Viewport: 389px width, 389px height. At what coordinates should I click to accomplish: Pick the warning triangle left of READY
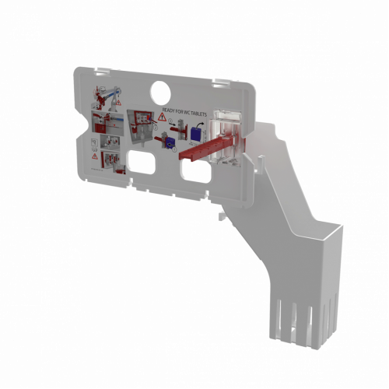[162, 117]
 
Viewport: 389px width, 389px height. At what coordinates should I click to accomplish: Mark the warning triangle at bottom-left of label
[95, 156]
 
